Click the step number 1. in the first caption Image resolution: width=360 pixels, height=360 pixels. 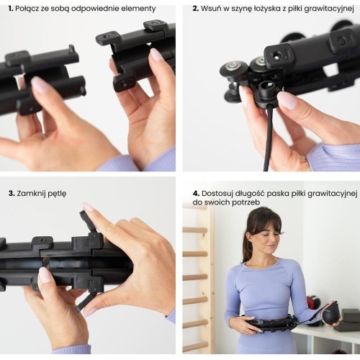pos(11,9)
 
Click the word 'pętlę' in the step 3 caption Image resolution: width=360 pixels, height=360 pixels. pos(57,194)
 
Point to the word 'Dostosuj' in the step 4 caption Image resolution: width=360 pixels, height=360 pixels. pos(217,194)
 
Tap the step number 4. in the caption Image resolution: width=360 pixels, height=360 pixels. pos(196,194)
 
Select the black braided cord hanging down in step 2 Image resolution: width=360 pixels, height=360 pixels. pos(268,138)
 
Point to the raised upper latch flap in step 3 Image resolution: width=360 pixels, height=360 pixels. pos(86,221)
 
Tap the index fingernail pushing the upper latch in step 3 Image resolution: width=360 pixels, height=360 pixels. pos(88,207)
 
